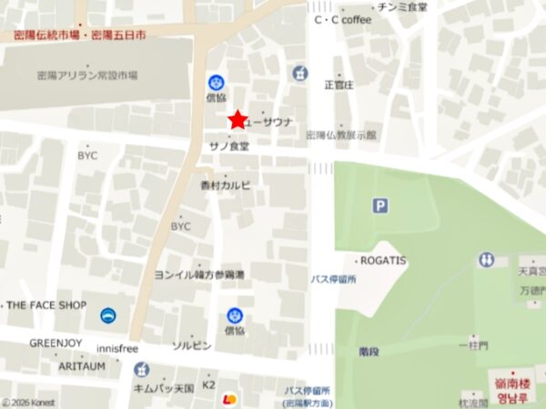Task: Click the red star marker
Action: [238, 119]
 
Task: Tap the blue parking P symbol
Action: [379, 206]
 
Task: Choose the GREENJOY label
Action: [56, 344]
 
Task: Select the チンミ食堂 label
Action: [403, 6]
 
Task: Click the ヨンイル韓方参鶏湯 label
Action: [199, 274]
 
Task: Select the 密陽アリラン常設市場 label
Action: [87, 75]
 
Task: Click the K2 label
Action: [208, 385]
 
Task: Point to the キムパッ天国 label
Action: [165, 388]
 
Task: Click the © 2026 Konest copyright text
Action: [29, 402]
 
